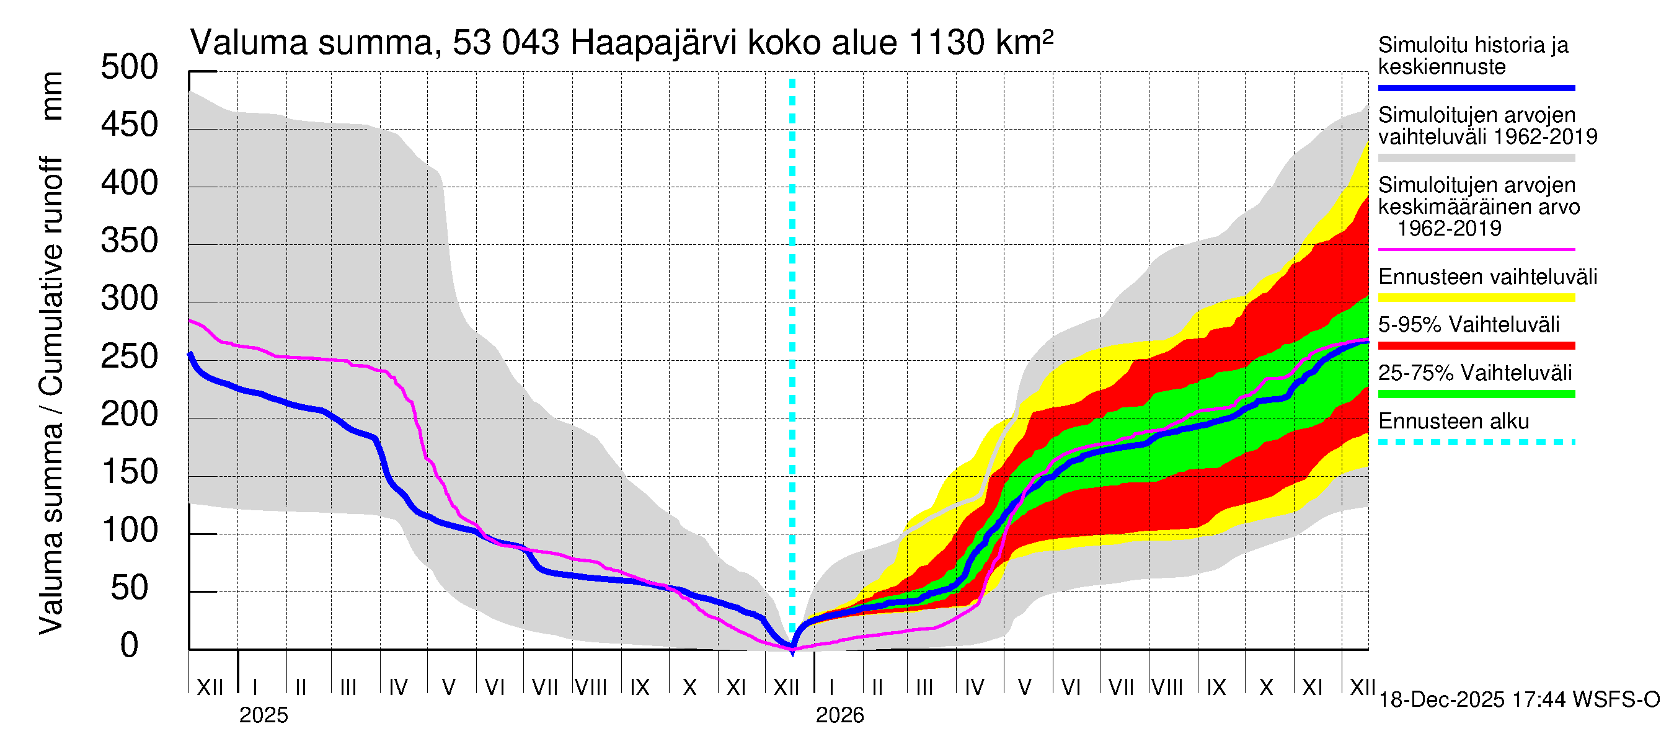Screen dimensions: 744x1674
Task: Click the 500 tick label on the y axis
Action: [130, 68]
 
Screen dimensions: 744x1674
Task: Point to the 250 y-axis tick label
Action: [130, 356]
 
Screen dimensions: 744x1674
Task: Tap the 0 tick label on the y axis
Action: [130, 645]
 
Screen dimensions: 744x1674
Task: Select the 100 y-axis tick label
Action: [130, 530]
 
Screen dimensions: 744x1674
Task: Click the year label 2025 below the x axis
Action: [263, 715]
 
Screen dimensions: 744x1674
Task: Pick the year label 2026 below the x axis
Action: [839, 715]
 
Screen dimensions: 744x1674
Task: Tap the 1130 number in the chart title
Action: [947, 43]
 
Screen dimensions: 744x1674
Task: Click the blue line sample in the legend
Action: [1476, 87]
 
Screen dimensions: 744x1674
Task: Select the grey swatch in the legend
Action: [1476, 158]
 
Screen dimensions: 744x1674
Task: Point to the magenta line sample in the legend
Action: [1476, 249]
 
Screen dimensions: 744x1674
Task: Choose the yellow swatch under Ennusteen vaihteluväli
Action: [1476, 298]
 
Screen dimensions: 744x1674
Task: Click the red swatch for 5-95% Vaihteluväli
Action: [1476, 347]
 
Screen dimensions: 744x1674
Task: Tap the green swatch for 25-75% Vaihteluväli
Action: [1476, 394]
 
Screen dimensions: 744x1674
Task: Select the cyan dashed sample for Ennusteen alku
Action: [1476, 443]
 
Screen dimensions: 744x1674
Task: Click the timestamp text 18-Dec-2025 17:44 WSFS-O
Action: [1518, 700]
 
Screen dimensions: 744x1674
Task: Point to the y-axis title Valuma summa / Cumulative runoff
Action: [51, 396]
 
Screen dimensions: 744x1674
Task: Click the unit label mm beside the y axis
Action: [51, 96]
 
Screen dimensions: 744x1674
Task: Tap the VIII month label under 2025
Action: [591, 688]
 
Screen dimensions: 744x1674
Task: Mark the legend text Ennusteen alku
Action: [1454, 422]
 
